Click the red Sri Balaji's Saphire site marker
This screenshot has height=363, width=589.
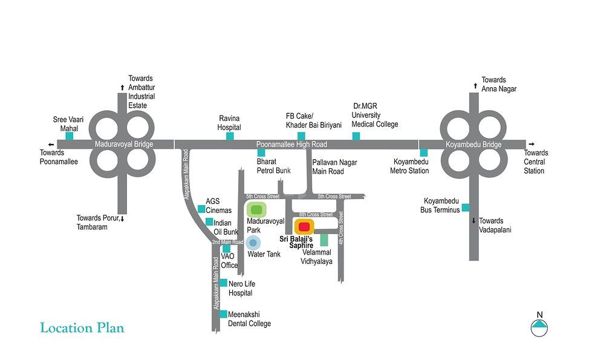[x=304, y=227]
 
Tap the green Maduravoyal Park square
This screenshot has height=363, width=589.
[x=256, y=210]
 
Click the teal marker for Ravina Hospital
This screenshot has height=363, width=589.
[x=230, y=136]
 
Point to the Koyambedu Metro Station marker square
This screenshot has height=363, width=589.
[x=423, y=152]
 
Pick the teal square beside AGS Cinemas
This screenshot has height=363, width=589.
[x=201, y=209]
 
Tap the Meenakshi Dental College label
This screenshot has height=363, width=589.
[x=250, y=319]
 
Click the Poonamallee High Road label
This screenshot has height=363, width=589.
[x=291, y=145]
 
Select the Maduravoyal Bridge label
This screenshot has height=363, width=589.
[x=124, y=145]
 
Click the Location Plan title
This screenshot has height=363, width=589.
[x=82, y=328]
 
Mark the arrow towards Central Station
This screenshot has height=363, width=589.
[x=531, y=144]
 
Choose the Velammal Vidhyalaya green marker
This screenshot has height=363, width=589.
[x=324, y=240]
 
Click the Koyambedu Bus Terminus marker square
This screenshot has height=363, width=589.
[x=465, y=208]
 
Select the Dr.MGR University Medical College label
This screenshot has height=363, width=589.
[x=376, y=115]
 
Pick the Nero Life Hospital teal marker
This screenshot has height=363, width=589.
[x=223, y=283]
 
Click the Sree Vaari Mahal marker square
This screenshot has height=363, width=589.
[x=70, y=136]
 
